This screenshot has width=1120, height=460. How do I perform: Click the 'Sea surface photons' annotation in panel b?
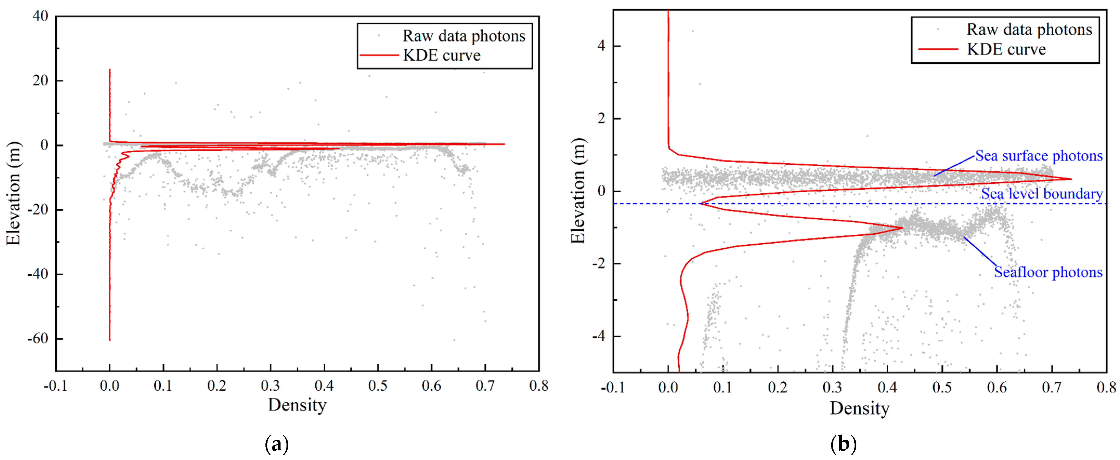tap(1038, 156)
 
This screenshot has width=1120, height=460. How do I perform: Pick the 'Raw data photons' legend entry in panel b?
tap(1029, 30)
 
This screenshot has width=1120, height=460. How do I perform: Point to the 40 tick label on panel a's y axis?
tap(41, 16)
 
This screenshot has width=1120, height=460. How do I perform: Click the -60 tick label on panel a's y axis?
tap(38, 338)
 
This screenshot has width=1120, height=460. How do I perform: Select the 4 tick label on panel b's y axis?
tap(601, 46)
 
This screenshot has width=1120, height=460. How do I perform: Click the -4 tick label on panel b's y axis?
tap(599, 336)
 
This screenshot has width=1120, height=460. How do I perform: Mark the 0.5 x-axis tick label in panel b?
tap(942, 387)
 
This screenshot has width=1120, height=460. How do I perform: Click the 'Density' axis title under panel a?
tap(297, 405)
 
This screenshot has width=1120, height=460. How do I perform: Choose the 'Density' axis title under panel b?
tap(859, 408)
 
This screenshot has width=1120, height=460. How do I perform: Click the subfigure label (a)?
tap(277, 444)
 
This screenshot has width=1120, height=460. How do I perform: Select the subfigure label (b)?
tap(843, 444)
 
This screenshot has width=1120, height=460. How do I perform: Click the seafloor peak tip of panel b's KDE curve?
tap(902, 228)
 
